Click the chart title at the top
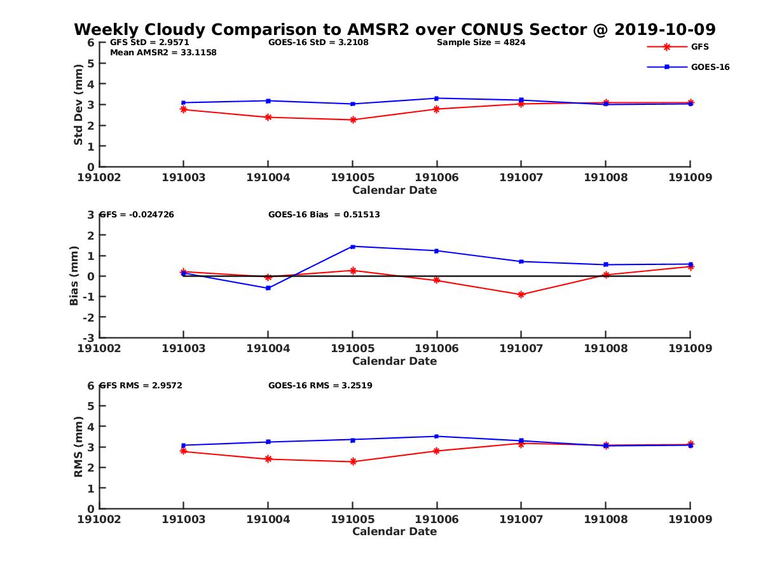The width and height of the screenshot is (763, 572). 394,30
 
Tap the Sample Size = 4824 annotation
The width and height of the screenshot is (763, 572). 481,43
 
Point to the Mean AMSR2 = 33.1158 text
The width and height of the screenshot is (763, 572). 163,53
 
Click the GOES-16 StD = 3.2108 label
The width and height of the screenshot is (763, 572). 319,43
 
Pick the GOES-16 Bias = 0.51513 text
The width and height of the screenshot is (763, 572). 324,215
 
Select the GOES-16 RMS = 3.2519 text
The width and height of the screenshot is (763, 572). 320,385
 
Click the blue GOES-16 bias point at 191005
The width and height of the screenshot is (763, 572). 352,247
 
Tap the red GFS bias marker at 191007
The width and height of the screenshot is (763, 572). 521,295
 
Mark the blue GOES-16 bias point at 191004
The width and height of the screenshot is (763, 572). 268,288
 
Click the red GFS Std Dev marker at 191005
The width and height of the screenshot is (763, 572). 352,119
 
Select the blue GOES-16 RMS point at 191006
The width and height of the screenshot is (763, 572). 437,437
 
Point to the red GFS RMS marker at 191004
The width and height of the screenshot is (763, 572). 268,459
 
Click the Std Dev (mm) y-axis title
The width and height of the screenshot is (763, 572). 78,104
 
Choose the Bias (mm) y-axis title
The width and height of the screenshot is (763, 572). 74,276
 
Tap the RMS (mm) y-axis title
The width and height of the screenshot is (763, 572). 78,447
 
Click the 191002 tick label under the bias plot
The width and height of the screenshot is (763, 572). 99,348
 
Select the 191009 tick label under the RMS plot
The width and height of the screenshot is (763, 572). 691,519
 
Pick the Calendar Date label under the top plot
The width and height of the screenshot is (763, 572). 394,190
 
